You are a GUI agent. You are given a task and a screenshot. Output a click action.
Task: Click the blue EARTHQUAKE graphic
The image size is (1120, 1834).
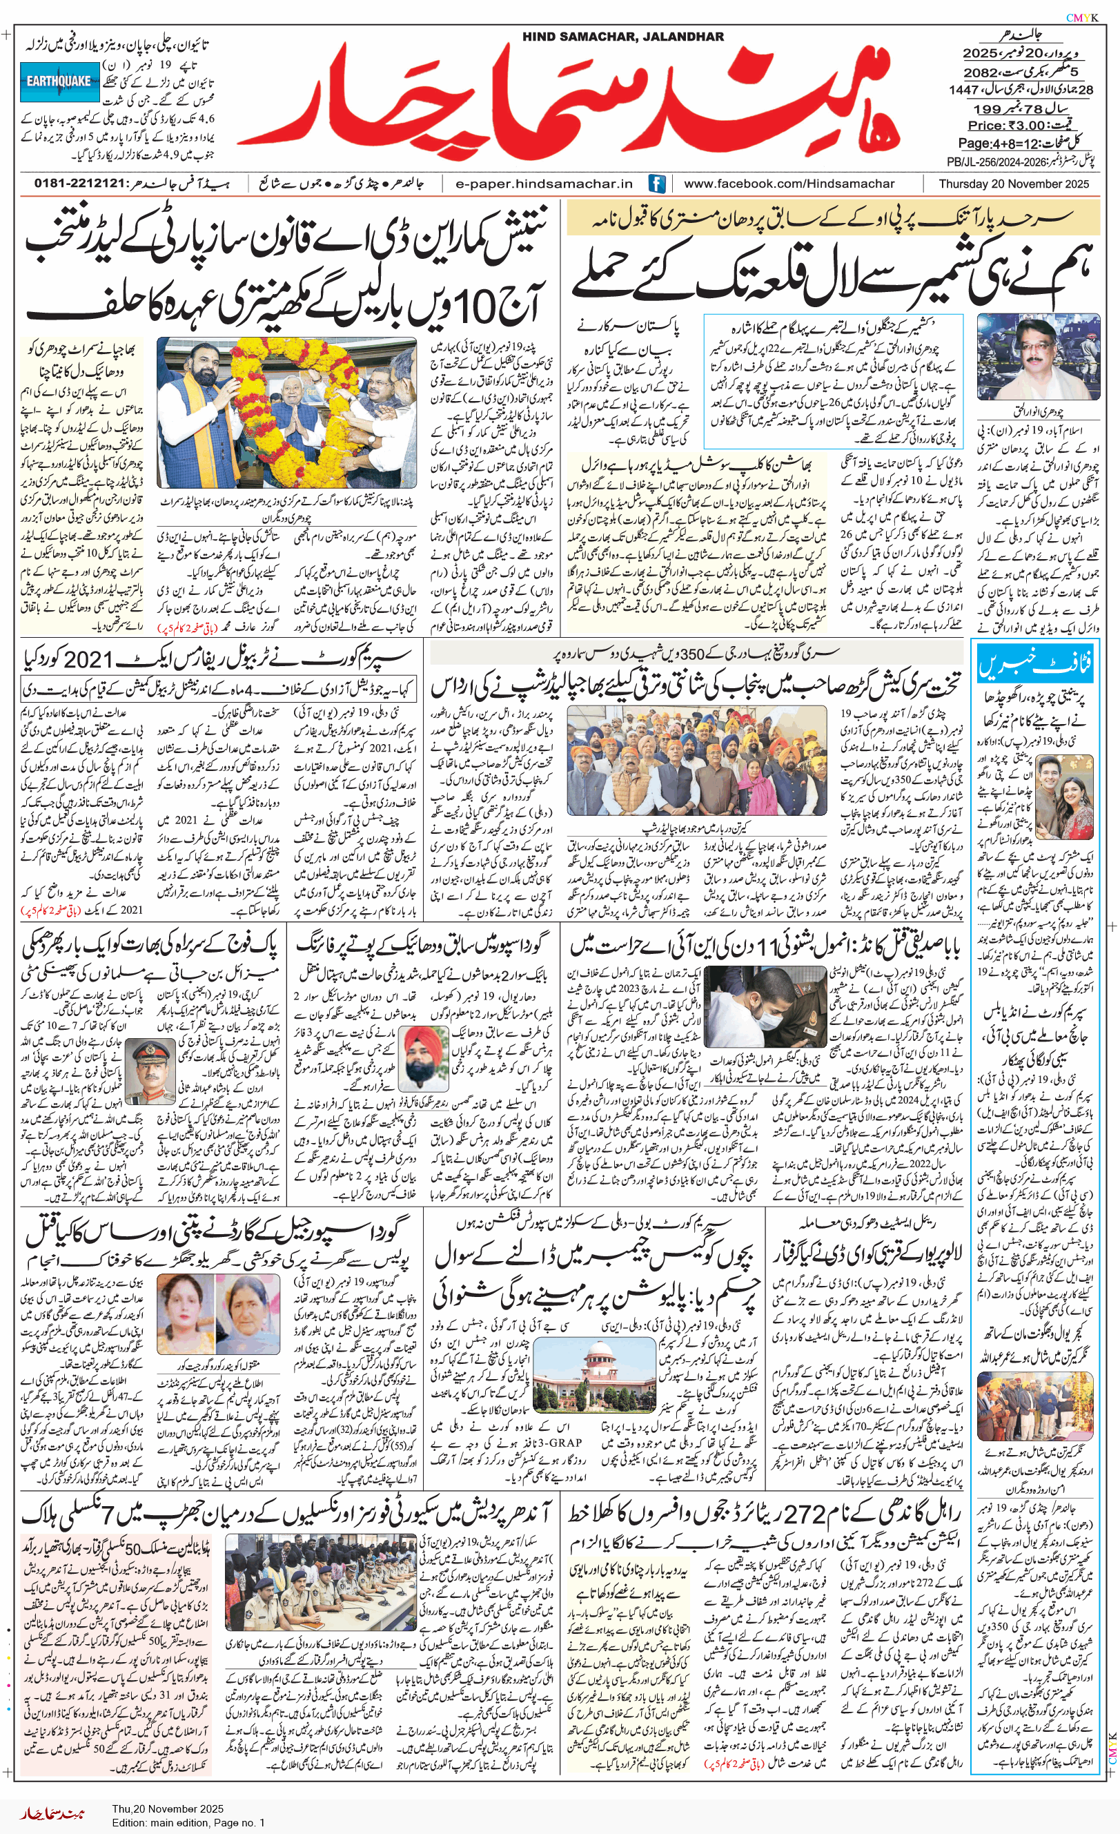[x=59, y=82]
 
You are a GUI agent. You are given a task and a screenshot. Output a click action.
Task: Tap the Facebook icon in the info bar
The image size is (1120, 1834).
[x=656, y=183]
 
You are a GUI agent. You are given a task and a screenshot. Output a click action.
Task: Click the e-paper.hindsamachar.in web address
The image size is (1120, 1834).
[x=544, y=184]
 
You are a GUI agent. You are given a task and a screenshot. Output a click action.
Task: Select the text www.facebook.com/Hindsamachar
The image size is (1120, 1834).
[x=789, y=184]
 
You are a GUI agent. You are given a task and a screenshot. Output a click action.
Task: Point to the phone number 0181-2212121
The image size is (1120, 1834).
[x=78, y=184]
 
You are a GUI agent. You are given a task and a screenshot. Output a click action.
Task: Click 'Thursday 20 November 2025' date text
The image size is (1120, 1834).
[x=1013, y=184]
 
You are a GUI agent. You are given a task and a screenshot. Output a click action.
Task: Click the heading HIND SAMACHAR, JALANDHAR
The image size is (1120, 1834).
[x=622, y=37]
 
